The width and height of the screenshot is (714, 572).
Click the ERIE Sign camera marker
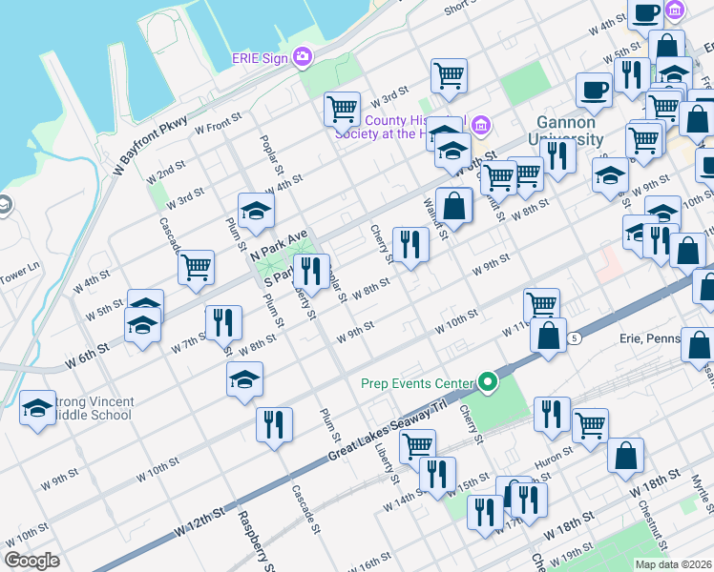click(x=303, y=57)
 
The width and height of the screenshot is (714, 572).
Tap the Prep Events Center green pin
click(x=489, y=383)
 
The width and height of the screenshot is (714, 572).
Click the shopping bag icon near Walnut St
click(x=456, y=205)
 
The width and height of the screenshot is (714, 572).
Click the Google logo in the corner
click(x=31, y=561)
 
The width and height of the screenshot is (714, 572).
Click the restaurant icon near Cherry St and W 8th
click(x=410, y=245)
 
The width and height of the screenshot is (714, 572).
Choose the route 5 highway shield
click(x=573, y=338)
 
